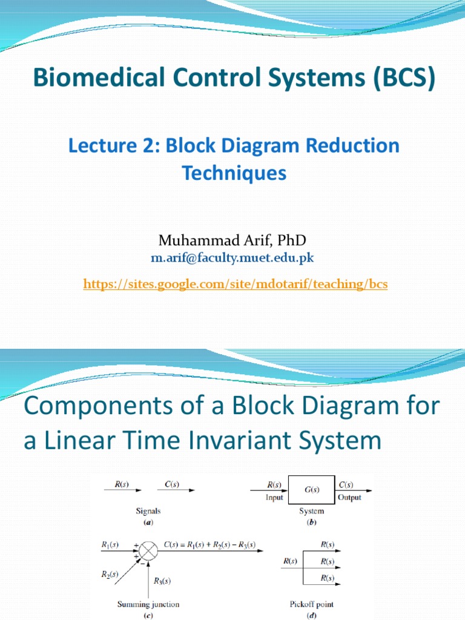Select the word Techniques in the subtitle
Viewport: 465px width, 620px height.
[x=234, y=173]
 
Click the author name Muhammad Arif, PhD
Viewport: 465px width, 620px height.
[x=232, y=241]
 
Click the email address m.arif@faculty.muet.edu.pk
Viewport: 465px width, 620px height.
[x=232, y=259]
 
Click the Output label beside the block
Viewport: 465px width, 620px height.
[x=349, y=497]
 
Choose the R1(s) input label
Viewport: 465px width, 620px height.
[x=110, y=545]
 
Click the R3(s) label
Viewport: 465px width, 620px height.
[x=162, y=581]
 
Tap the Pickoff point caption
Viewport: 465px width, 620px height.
[x=312, y=604]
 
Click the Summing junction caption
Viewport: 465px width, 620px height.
[x=148, y=604]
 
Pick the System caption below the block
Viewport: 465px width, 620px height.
[x=311, y=511]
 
